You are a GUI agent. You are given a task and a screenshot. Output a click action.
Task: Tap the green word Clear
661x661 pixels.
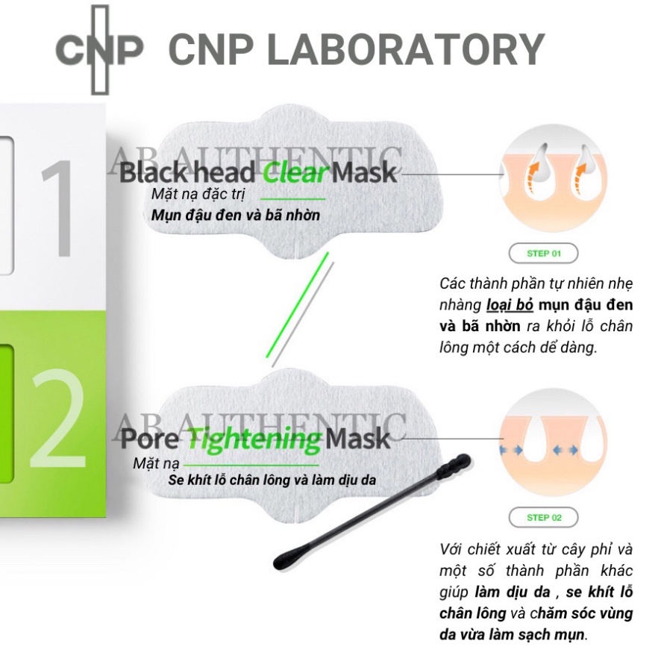tap(295, 173)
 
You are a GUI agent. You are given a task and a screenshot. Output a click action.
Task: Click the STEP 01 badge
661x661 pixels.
tap(543, 254)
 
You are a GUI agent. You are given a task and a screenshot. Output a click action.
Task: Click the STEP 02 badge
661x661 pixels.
tap(543, 517)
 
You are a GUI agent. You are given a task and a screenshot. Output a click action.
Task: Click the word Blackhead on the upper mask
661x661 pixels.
tap(188, 173)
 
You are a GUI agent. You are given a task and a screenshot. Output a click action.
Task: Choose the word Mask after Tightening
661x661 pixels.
tap(357, 438)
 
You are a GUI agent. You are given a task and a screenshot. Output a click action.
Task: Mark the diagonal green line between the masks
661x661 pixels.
tap(297, 306)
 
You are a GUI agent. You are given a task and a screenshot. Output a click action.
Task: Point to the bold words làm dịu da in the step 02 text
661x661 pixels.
tap(511, 593)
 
